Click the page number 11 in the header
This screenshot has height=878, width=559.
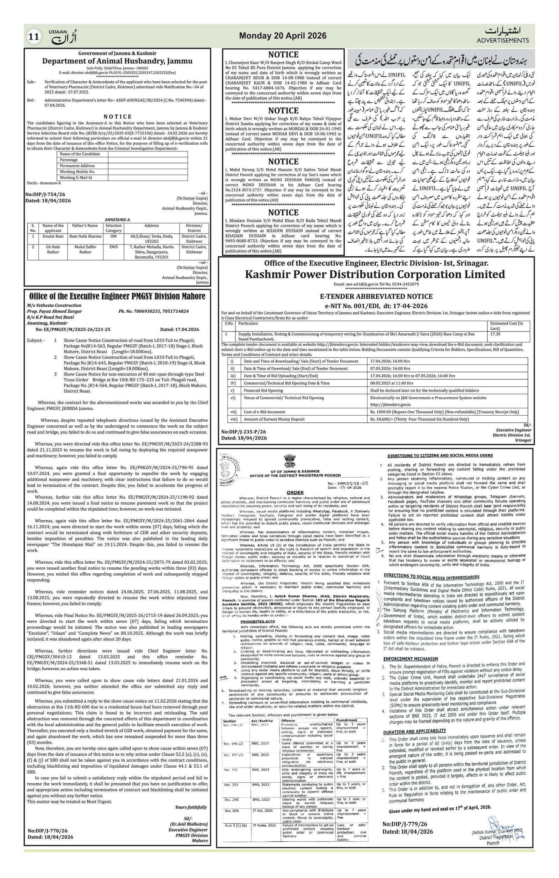tap(33, 36)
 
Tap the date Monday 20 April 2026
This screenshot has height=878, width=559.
tap(283, 36)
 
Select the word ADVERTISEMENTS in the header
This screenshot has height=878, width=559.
tap(502, 40)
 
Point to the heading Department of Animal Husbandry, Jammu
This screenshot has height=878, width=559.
tap(117, 61)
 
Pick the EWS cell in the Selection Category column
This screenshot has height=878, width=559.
tap(114, 247)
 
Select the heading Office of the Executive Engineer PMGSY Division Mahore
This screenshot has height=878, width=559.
tap(117, 296)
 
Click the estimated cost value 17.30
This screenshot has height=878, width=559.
tap(495, 334)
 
